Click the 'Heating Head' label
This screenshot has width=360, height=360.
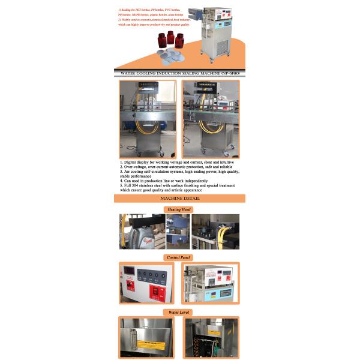[178, 209]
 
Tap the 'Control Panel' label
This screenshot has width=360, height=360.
[178, 257]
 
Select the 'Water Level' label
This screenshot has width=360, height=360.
[178, 312]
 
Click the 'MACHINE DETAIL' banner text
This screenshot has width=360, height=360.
[179, 198]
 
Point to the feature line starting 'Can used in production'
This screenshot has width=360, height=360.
[165, 181]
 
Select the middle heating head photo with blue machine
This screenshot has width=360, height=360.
[178, 232]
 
